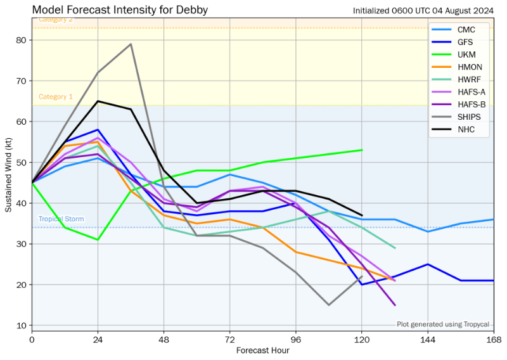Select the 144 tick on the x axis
coord(428,339)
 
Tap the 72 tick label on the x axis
coord(230,339)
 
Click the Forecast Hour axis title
coord(262,350)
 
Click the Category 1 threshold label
coord(56,97)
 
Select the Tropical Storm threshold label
coord(60,219)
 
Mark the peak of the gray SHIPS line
coord(131,44)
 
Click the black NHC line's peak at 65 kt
coord(98,101)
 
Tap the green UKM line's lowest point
coord(98,240)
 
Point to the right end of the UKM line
coord(362,150)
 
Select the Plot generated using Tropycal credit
coord(443,324)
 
